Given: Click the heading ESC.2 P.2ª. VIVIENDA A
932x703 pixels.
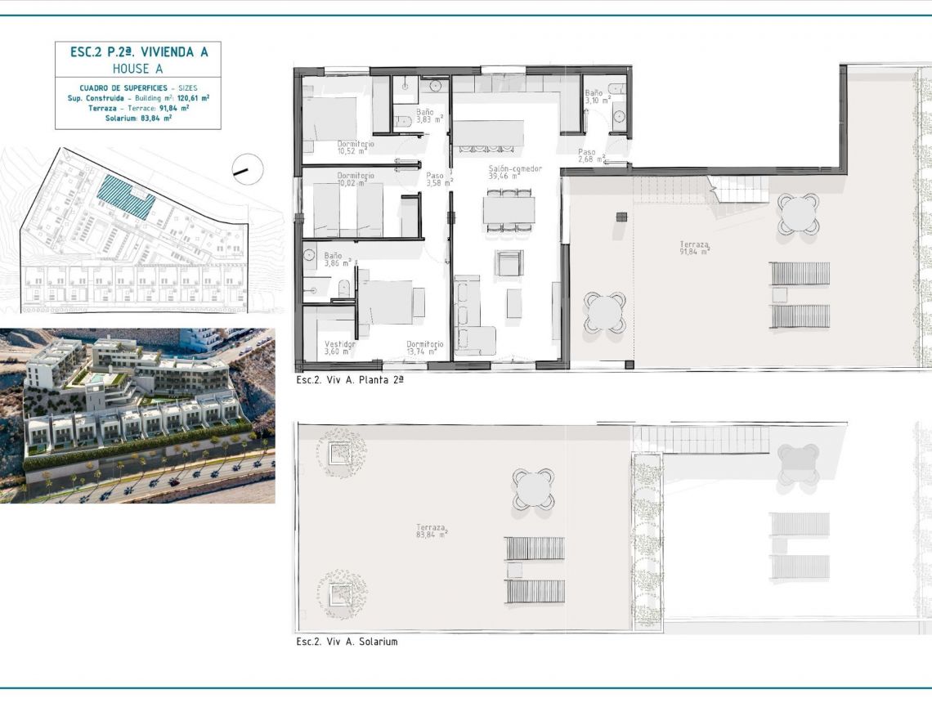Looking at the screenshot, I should [138, 52].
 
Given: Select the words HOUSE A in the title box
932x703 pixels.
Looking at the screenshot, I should [138, 69].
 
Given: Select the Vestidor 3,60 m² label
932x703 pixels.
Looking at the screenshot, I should [340, 348].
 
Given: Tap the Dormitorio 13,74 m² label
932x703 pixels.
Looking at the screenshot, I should [425, 348].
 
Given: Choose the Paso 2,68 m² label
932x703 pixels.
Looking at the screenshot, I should [591, 155].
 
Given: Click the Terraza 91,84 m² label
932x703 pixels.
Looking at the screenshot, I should [694, 248].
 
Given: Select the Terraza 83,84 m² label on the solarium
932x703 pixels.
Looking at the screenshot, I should [432, 531].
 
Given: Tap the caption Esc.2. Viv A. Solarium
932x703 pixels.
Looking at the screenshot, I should [347, 642].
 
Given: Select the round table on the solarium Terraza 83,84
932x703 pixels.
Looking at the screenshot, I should [533, 488].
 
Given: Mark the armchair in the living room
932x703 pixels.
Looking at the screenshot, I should [508, 263].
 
